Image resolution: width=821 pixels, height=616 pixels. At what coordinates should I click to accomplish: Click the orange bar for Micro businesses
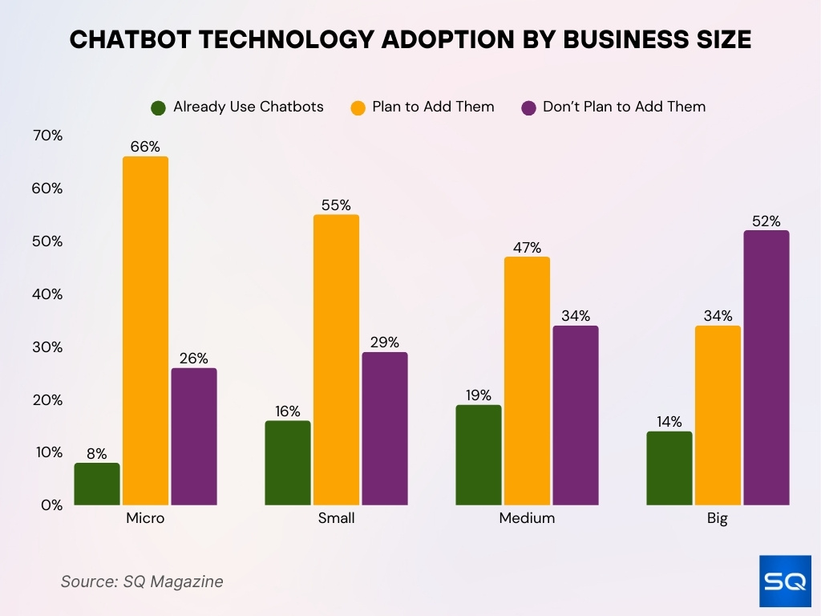145,330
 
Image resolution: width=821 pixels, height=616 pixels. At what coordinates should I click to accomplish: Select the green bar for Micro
97,484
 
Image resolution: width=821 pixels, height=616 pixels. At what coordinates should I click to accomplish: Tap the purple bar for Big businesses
766,367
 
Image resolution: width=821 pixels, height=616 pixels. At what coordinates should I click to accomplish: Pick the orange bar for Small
336,359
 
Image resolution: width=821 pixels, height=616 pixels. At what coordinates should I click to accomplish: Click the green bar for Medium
479,455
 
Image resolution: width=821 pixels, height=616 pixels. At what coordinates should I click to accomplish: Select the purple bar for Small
384,428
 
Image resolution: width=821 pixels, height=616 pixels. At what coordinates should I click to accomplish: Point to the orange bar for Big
718,415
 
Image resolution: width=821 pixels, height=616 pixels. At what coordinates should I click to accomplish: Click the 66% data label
145,147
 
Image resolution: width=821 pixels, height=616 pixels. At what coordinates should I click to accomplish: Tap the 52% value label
766,221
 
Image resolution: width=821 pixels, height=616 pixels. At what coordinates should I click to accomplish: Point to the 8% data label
97,453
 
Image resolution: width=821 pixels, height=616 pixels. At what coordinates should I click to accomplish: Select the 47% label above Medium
527,248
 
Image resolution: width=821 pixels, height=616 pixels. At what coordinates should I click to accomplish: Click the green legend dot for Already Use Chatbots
158,107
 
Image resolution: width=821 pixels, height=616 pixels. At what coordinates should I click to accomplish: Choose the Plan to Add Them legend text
433,107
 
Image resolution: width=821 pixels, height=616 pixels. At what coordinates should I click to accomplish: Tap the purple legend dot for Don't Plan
528,107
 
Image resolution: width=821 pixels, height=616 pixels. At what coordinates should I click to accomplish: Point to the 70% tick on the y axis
47,136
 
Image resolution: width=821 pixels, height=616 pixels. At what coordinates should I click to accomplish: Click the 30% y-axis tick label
47,347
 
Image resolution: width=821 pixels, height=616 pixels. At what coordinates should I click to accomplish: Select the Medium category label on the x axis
527,518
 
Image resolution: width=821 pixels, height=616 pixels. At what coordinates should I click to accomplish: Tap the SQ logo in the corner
784,581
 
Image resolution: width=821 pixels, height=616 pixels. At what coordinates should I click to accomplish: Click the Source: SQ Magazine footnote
142,582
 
